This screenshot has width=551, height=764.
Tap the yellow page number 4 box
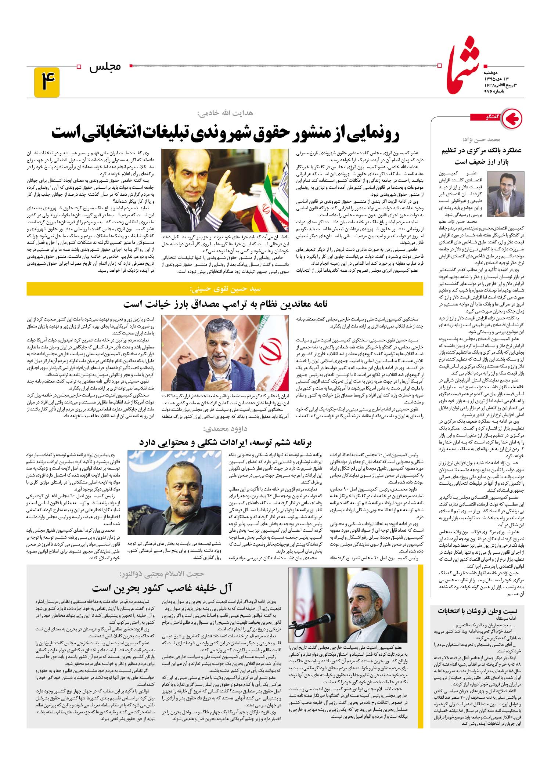tap(47, 82)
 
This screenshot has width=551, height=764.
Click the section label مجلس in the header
tap(105, 67)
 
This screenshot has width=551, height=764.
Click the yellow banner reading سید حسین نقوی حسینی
tap(225, 289)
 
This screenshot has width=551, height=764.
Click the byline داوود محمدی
tap(225, 428)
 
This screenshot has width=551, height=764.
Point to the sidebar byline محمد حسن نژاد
tap(485, 140)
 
